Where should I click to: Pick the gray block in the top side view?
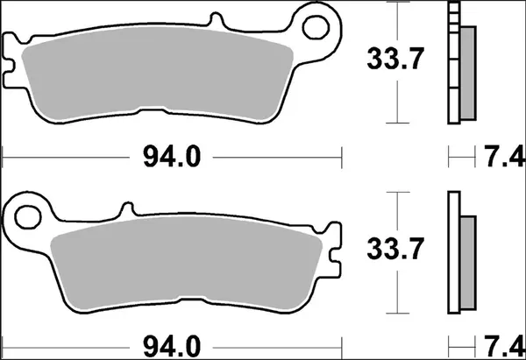467,70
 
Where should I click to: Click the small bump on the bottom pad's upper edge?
128,208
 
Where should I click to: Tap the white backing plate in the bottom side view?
452,254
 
